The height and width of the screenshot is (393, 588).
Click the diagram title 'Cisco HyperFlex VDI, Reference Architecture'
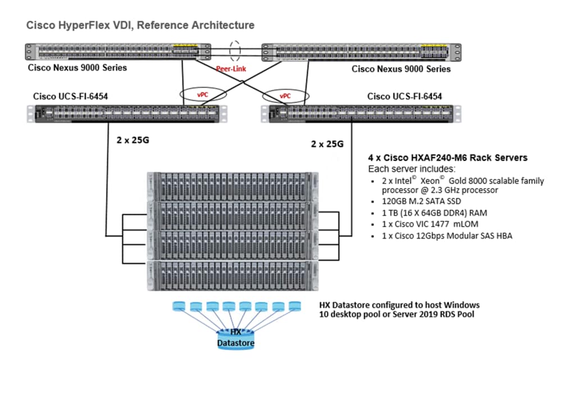tap(140, 25)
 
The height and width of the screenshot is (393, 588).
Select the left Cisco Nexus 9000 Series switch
tap(118, 52)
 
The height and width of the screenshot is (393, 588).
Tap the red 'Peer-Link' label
tap(232, 69)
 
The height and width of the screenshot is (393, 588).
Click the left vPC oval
tap(203, 95)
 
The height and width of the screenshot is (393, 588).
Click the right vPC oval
tap(285, 95)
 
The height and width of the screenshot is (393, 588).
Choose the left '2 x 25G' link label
tap(133, 140)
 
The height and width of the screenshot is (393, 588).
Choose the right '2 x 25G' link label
tap(327, 144)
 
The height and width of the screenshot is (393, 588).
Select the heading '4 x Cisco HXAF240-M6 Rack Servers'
tap(448, 158)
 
